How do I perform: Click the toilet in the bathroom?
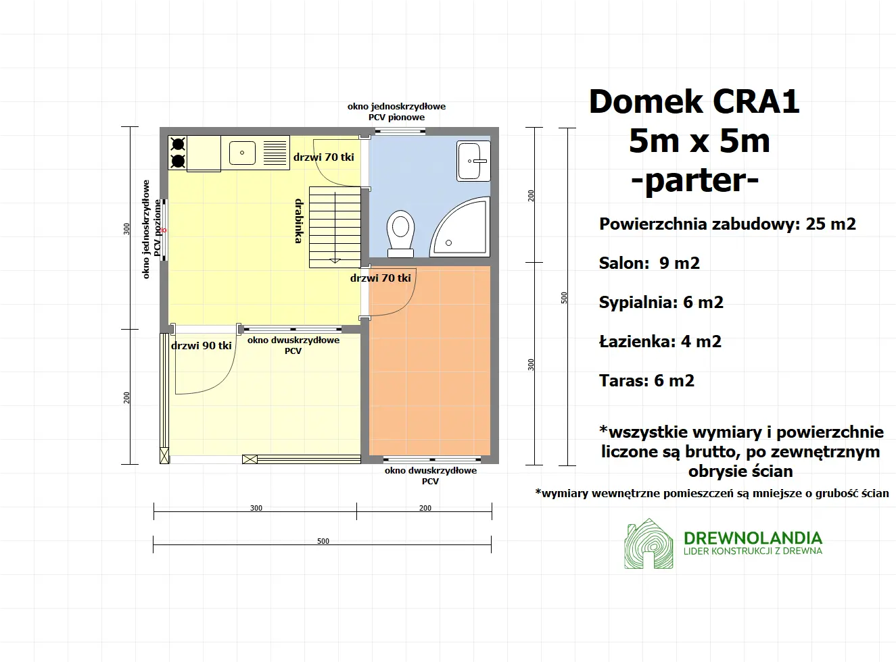[400, 232]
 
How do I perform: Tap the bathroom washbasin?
[473, 161]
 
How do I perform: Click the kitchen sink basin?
[242, 153]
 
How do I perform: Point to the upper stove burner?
[178, 144]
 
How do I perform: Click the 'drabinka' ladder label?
[299, 221]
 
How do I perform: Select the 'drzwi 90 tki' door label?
[202, 346]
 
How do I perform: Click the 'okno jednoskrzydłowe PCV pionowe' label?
[397, 111]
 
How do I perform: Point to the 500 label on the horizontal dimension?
[323, 541]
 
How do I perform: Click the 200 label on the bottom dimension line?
[425, 508]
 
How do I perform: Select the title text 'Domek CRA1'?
[694, 102]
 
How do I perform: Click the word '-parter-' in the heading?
[695, 180]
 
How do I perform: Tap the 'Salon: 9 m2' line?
[649, 263]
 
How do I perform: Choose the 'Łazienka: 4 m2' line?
[660, 342]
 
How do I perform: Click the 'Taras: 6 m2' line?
[646, 381]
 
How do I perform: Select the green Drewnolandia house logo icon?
[649, 544]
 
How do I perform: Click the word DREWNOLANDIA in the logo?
[753, 538]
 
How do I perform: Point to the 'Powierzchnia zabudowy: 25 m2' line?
[727, 224]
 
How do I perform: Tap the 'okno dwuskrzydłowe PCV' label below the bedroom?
[431, 476]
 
